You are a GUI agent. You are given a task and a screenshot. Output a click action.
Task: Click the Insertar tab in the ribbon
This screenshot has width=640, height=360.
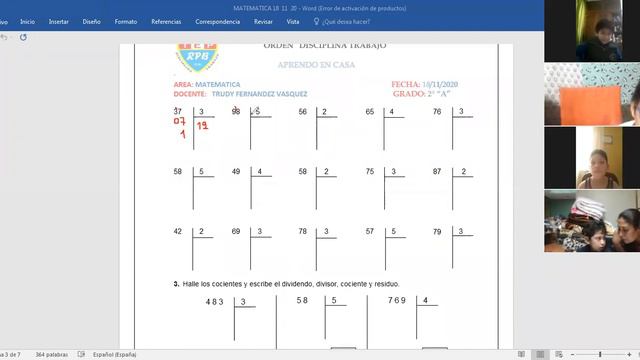(x=59, y=20)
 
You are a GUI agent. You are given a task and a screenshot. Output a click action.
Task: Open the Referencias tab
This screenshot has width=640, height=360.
(x=166, y=20)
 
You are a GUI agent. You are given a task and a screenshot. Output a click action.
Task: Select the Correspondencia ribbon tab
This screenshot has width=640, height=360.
(x=217, y=20)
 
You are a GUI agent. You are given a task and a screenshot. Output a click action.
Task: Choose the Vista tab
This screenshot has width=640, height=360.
(x=293, y=20)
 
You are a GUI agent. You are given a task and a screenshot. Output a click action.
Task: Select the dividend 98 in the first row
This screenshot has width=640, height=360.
(x=236, y=112)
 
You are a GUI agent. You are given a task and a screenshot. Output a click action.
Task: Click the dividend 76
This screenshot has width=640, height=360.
(x=437, y=112)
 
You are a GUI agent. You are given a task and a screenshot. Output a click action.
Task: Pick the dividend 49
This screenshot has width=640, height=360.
(x=236, y=172)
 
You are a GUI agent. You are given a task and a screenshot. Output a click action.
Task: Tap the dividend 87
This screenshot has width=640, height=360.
(x=437, y=172)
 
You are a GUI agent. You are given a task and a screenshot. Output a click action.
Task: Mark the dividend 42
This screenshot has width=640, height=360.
(x=178, y=231)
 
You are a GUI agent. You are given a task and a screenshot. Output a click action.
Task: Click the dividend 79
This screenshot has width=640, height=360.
(x=437, y=231)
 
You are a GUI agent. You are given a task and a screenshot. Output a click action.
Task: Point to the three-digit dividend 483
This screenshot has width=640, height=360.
(x=215, y=301)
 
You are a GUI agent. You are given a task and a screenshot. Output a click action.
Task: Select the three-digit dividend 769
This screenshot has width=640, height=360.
(x=397, y=301)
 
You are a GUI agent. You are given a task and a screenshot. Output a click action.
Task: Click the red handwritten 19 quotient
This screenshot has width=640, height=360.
(x=202, y=126)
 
